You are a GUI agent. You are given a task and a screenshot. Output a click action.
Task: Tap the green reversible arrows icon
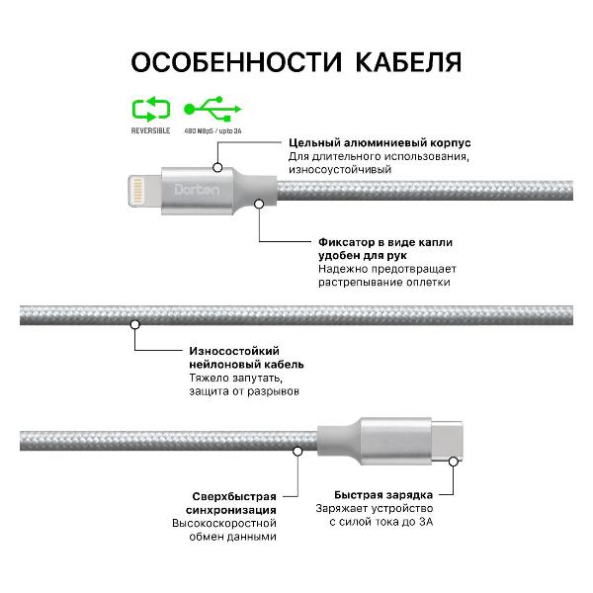[x=150, y=107]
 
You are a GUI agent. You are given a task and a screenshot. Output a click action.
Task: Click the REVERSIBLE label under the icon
[x=150, y=129]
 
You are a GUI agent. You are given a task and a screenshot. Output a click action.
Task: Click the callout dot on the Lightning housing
[x=218, y=168]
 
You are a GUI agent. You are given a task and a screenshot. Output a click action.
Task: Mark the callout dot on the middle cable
[x=133, y=323]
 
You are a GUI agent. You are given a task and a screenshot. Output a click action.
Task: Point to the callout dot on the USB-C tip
[x=454, y=461]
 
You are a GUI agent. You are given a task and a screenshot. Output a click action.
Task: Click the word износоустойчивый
[x=340, y=170]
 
